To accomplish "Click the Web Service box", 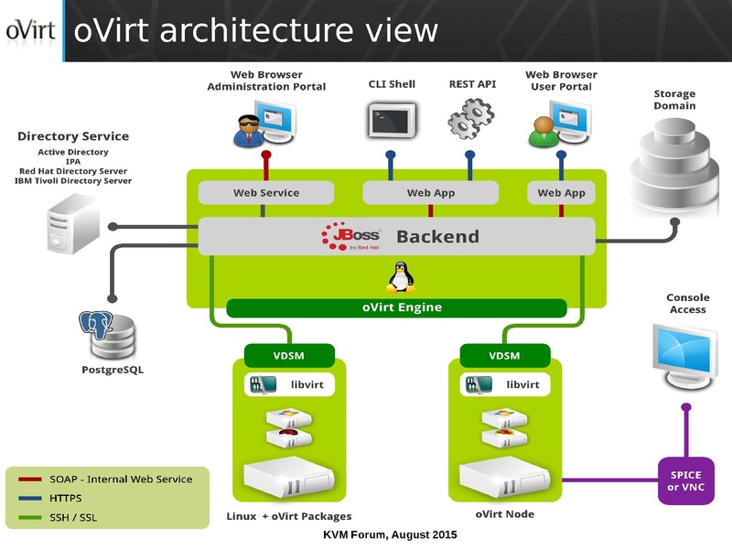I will [x=265, y=193].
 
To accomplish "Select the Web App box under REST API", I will [x=430, y=193].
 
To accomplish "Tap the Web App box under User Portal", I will [x=561, y=193].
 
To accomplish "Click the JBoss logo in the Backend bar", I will [x=350, y=237].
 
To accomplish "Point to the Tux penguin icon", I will [x=400, y=277].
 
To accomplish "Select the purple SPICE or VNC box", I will [x=686, y=480].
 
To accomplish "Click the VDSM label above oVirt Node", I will [x=504, y=356].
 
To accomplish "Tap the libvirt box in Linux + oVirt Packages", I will [x=290, y=384].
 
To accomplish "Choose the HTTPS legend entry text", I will [x=65, y=499].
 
